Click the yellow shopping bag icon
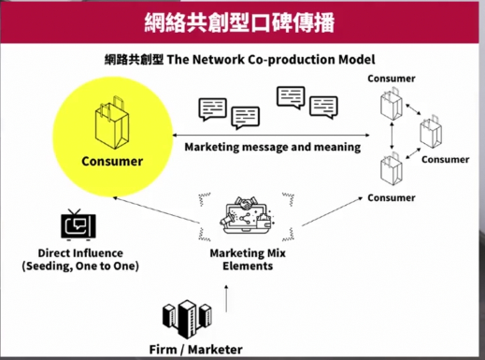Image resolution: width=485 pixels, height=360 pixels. click(112, 122)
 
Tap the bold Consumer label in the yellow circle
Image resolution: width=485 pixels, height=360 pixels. click(112, 162)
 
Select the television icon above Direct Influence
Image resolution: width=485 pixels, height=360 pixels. click(78, 225)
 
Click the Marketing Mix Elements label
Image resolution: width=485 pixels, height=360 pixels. click(248, 259)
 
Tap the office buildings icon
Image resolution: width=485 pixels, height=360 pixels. click(187, 319)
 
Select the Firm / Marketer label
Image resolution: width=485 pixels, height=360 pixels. click(196, 350)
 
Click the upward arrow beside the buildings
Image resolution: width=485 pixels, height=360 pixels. click(226, 298)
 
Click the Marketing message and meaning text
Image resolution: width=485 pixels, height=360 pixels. click(273, 147)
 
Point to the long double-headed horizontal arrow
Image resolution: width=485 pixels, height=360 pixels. click(271, 136)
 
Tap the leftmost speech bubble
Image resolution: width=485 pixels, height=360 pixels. click(213, 109)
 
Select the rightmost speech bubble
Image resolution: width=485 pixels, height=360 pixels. click(323, 108)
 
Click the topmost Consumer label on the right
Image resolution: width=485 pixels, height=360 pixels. click(392, 79)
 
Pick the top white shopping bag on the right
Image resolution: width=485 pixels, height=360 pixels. click(392, 104)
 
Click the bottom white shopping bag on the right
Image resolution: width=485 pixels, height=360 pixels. click(392, 168)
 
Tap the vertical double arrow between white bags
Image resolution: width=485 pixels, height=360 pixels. click(392, 136)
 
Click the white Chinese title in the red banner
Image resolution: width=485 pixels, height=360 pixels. click(239, 22)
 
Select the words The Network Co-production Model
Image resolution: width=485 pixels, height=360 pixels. click(271, 60)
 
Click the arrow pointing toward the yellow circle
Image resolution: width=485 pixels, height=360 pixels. click(156, 210)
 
